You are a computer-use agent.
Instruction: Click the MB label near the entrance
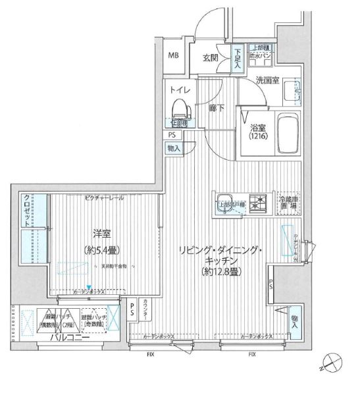(x=175, y=56)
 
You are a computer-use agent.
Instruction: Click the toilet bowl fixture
(x=179, y=108)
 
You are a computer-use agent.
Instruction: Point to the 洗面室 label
(x=269, y=80)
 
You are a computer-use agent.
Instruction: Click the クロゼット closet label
(x=26, y=211)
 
